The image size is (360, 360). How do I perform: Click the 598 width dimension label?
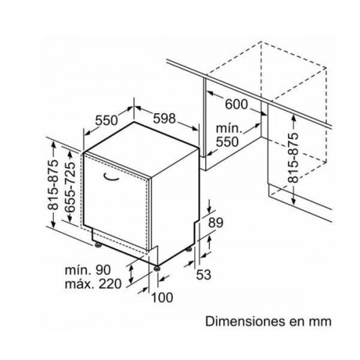point(164,118)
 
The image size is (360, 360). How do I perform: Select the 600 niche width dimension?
point(236,104)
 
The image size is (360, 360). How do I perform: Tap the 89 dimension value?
point(215,222)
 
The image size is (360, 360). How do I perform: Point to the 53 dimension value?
point(204,274)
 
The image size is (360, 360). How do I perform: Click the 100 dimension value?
point(162,297)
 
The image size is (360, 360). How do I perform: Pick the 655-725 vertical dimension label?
point(70,187)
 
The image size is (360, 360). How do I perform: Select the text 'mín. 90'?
point(88,270)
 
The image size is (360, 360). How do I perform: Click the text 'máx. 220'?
point(93,284)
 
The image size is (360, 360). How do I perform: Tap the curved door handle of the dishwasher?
point(111,177)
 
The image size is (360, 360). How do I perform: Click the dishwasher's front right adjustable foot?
point(157,268)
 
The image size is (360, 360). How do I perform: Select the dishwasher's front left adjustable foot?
point(98,245)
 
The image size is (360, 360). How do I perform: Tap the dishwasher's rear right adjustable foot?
point(189,249)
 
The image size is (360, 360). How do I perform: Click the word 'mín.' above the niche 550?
point(228,129)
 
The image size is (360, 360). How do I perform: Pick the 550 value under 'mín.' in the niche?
point(228,142)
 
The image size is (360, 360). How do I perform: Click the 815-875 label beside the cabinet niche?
point(293,158)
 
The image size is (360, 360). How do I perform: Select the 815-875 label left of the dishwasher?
point(53,185)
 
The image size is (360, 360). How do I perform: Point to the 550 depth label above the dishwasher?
point(107,120)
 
